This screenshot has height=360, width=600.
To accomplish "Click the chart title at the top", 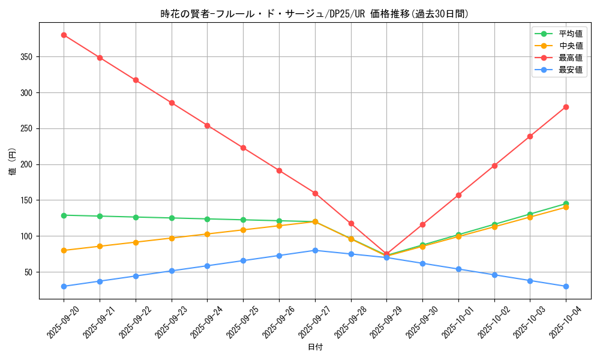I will point(315,14).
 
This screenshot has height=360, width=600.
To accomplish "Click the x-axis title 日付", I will point(315,347).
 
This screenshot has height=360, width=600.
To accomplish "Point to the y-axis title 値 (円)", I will point(13,162).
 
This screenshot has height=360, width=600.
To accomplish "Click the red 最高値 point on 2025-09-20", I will point(64,35).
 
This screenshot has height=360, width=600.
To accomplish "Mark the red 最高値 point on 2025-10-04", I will point(566,107).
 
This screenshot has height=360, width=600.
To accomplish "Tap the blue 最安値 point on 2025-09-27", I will point(315,250).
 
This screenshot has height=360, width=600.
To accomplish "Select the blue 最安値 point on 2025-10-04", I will point(566,286).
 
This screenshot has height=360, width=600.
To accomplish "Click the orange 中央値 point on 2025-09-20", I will point(64,250).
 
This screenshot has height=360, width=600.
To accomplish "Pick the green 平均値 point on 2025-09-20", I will point(64,215).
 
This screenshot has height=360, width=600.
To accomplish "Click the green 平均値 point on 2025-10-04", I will point(566,203).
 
